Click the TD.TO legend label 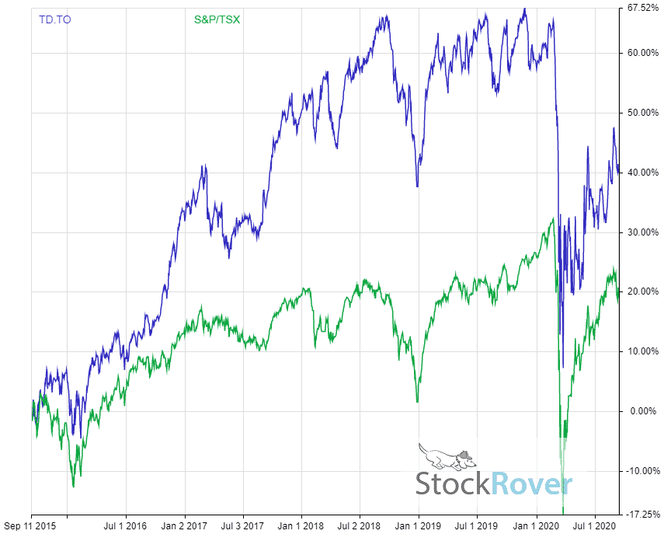(x=54, y=19)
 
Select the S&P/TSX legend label (x=217, y=19)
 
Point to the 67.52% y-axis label (x=645, y=9)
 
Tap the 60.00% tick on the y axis (x=643, y=53)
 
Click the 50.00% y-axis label (x=643, y=113)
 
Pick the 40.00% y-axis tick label (x=643, y=173)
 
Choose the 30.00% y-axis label (x=643, y=232)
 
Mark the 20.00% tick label (x=643, y=291)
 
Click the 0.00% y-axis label (x=645, y=411)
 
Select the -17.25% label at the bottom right (x=643, y=515)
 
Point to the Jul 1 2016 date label (x=126, y=525)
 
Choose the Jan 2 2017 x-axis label (x=184, y=525)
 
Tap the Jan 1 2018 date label (x=301, y=525)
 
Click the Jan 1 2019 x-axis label (x=419, y=525)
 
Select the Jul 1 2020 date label (x=595, y=525)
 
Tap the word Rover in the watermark (x=532, y=483)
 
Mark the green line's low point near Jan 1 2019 (x=417, y=401)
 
